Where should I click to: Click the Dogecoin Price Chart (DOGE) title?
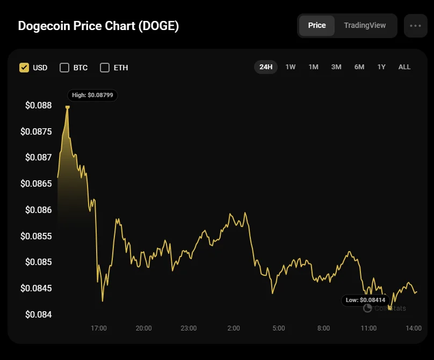coord(98,26)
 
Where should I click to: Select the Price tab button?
coord(317,25)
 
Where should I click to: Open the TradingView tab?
coord(365,25)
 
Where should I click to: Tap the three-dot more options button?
coord(415,26)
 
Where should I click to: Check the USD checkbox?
coord(24,68)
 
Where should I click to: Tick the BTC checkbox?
coord(64,68)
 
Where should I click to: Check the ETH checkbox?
coord(105,68)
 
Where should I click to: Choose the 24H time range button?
coord(266,67)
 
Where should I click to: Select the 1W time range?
coord(291,67)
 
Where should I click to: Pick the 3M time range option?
coord(336,67)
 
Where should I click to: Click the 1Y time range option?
coord(381,67)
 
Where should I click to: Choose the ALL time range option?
coord(404,67)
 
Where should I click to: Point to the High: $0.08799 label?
coord(92,95)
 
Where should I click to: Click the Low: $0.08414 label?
coord(365,300)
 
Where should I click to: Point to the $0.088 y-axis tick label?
coord(39,105)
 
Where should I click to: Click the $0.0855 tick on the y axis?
coord(37,236)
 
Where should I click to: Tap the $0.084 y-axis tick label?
coord(39,314)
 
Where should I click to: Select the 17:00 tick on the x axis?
coord(99,328)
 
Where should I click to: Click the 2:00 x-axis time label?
coord(234,328)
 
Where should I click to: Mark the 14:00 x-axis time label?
coord(413,328)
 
